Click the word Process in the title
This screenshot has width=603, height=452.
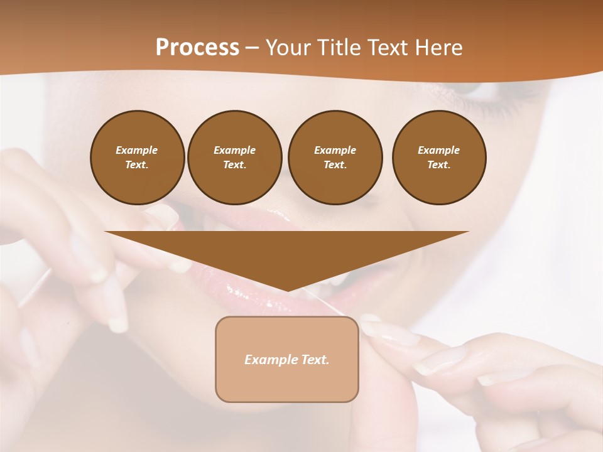(x=197, y=47)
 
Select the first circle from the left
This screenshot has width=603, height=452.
(x=138, y=158)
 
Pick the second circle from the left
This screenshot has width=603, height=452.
(x=235, y=158)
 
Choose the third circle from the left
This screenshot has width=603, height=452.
(x=335, y=158)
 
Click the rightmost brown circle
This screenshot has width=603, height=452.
(x=439, y=158)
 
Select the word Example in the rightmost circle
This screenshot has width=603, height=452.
(x=439, y=150)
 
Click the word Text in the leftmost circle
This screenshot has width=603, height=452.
(x=138, y=165)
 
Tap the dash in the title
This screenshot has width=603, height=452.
(x=253, y=48)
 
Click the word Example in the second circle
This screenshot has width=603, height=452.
(x=235, y=150)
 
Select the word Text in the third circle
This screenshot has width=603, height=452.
(x=335, y=165)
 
